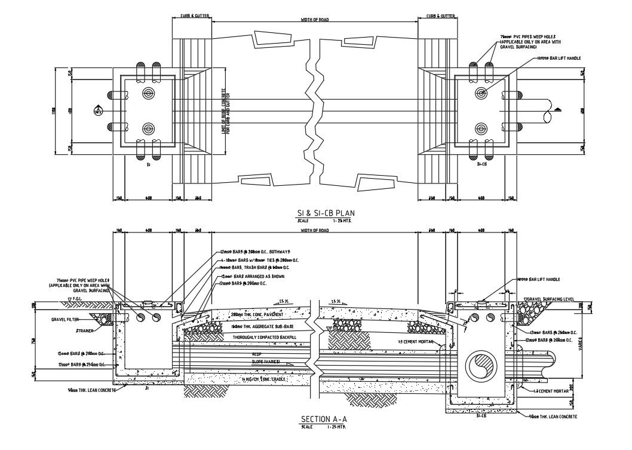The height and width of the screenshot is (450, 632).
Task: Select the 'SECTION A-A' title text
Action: pos(324,419)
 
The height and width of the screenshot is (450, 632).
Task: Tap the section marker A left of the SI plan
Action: pos(99,110)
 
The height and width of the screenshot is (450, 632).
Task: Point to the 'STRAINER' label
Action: pos(84,330)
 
